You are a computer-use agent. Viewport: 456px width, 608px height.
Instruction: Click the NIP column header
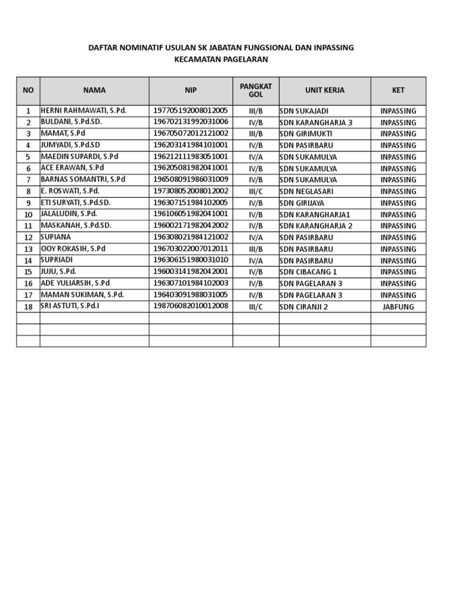(191, 90)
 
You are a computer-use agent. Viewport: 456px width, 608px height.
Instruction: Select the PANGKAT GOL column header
(256, 90)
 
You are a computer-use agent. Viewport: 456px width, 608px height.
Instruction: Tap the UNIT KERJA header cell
(325, 90)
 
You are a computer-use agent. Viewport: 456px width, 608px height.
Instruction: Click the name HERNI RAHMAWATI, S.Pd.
(84, 111)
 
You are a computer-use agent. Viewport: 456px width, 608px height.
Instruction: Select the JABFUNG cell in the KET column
(398, 307)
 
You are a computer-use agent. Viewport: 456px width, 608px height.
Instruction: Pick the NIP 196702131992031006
(191, 122)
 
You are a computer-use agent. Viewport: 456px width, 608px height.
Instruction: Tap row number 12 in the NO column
(28, 237)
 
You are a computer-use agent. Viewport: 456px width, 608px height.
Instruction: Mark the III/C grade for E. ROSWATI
(256, 192)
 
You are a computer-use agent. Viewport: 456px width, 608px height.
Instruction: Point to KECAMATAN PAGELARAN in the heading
(221, 59)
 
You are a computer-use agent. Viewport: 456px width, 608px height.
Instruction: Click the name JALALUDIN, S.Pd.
(69, 214)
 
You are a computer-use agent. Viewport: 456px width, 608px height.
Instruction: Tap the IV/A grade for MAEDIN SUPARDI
(256, 157)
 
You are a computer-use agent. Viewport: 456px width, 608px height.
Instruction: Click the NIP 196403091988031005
(191, 295)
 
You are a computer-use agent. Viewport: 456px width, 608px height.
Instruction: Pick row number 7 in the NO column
(28, 180)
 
